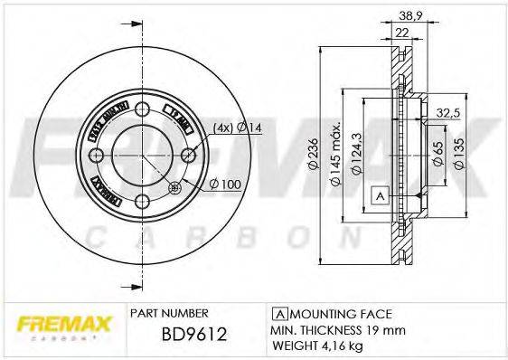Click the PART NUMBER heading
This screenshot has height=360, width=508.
(x=170, y=313)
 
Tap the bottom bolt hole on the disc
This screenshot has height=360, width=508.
(x=144, y=200)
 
